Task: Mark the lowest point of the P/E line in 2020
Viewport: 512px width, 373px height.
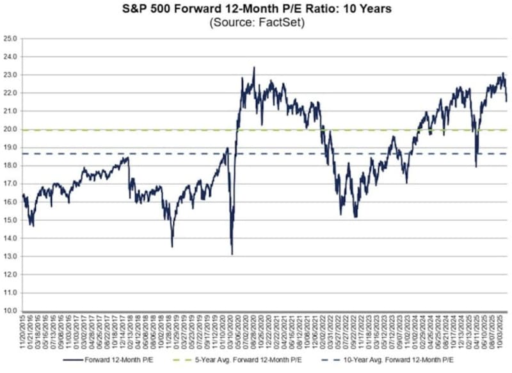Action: pyautogui.click(x=232, y=254)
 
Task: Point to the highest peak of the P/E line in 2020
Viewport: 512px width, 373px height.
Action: pyautogui.click(x=254, y=67)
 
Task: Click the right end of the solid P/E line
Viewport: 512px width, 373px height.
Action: pyautogui.click(x=507, y=100)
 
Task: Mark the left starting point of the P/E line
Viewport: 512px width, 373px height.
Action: pyautogui.click(x=22, y=194)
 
